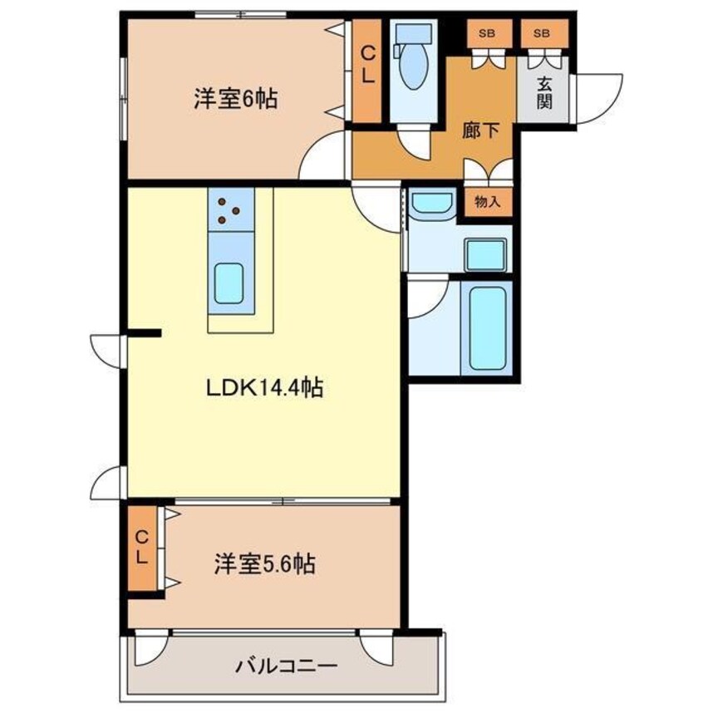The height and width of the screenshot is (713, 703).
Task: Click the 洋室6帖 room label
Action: click(235, 98)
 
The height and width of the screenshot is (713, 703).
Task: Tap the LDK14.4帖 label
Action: click(264, 388)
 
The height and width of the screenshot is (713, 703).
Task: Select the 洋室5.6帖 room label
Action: click(265, 564)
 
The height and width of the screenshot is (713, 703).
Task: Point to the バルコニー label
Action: click(286, 666)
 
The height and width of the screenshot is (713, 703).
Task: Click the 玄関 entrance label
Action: click(543, 93)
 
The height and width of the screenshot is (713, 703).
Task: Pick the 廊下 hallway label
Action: click(480, 131)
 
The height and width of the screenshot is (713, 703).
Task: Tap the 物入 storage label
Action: click(488, 202)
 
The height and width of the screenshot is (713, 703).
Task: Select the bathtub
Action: click(488, 328)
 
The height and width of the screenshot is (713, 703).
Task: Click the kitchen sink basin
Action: click(229, 283)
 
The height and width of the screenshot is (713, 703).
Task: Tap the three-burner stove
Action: click(231, 209)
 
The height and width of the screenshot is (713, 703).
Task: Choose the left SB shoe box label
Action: click(487, 33)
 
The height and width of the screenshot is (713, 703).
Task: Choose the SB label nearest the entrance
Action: click(542, 33)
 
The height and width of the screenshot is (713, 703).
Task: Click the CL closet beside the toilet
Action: click(368, 71)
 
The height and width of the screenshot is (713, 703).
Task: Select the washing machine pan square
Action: click(486, 255)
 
